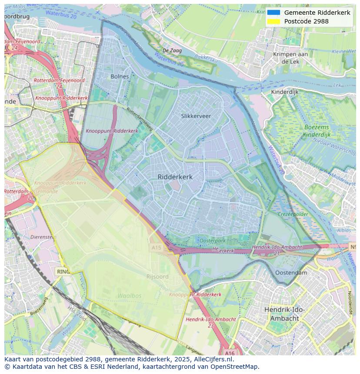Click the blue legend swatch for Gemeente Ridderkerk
[x=273, y=13]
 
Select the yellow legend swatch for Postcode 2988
[x=273, y=21]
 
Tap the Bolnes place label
[x=120, y=76]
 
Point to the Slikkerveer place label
[x=196, y=116]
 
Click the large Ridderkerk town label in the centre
[x=175, y=177]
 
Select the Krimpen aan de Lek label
[x=290, y=58]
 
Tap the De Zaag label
[x=172, y=51]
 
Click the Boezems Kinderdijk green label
[x=317, y=131]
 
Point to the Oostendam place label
[x=291, y=273]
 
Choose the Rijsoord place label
[x=157, y=276]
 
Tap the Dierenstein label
[x=43, y=237]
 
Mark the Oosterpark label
[x=212, y=241]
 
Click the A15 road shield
[x=157, y=247]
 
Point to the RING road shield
[x=63, y=271]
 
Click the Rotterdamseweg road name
[x=139, y=119]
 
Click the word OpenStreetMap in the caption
[x=236, y=366]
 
